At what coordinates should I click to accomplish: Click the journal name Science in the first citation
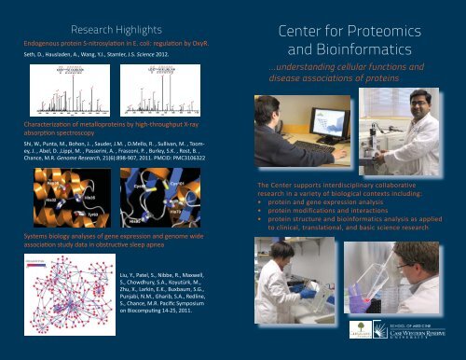(x=155, y=53)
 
